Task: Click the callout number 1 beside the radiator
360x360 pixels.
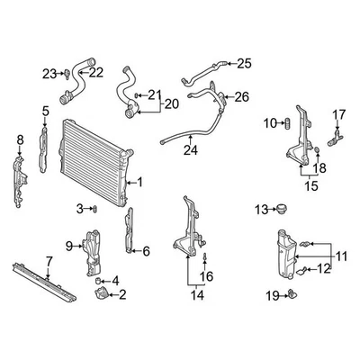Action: [139, 182]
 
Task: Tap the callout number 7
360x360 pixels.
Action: [49, 261]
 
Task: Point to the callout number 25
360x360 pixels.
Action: [245, 63]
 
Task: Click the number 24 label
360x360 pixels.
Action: [191, 150]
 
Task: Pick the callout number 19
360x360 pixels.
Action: [272, 295]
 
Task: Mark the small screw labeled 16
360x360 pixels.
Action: [206, 258]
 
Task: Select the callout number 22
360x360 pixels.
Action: [96, 72]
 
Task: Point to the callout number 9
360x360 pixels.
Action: [69, 245]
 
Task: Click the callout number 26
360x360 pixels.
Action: [242, 97]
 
